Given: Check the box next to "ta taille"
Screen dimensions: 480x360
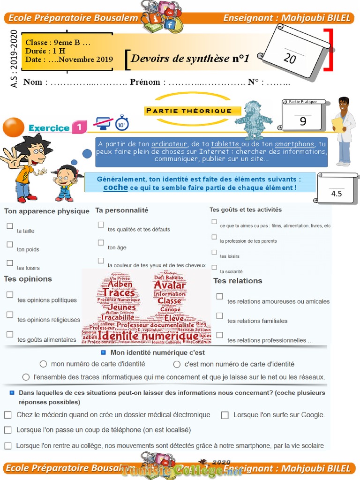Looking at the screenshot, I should pos(10,226).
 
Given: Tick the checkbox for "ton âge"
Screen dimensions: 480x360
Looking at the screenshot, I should pos(101,243).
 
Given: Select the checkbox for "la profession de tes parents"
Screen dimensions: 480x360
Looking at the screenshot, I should pos(214,237).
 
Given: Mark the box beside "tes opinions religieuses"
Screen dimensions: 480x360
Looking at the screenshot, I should pos(10,315).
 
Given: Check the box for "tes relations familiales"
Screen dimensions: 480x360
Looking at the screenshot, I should pos(219,316).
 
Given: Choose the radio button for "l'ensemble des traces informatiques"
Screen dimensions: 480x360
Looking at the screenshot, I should pos(26,377).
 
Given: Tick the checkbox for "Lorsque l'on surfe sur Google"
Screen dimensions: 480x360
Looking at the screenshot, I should pos(225,415).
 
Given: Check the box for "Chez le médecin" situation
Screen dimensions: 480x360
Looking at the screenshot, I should pos(8,415).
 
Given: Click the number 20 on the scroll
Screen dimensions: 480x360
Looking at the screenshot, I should pos(290,59).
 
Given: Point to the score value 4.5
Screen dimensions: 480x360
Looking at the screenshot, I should pos(336,193).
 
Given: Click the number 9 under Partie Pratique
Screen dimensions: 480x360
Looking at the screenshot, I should pos(303,121).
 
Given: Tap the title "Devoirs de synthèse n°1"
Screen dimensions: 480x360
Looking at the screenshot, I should pos(190,59).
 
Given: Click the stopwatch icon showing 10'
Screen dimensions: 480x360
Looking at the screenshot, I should pos(122,123).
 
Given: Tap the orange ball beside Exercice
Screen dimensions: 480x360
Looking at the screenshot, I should pos(13,127).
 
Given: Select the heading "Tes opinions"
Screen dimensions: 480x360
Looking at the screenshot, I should pos(28,279).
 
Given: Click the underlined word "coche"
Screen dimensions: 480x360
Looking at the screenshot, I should pos(115,187).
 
